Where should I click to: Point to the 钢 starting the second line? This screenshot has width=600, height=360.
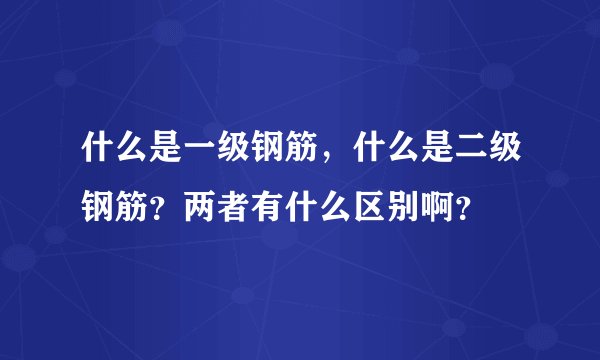[97, 209]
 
